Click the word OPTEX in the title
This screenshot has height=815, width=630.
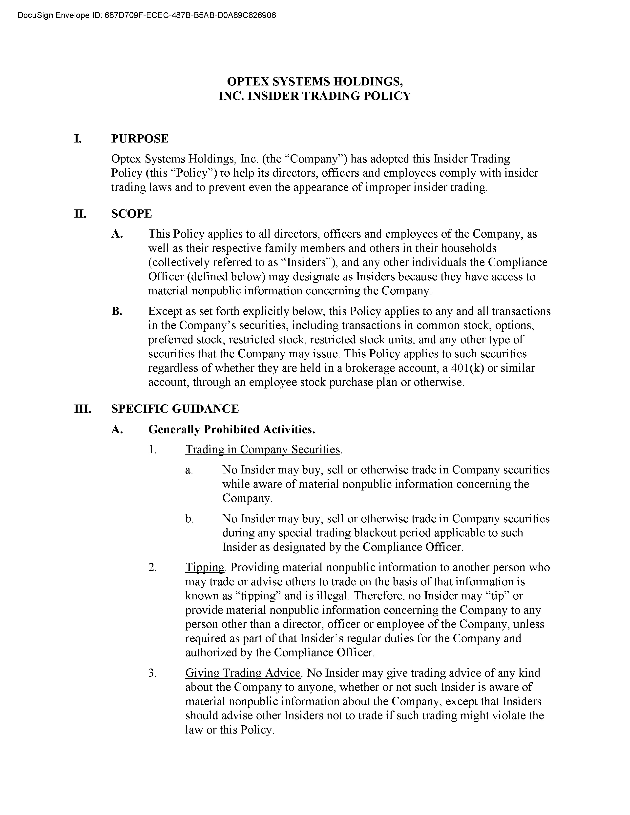(248, 81)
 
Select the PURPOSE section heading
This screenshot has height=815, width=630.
(140, 139)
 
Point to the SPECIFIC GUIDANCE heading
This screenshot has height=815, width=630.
(175, 409)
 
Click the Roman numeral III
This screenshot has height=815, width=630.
(82, 409)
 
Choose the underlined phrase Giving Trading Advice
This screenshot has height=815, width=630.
(243, 673)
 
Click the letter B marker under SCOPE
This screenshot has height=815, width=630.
(116, 311)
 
